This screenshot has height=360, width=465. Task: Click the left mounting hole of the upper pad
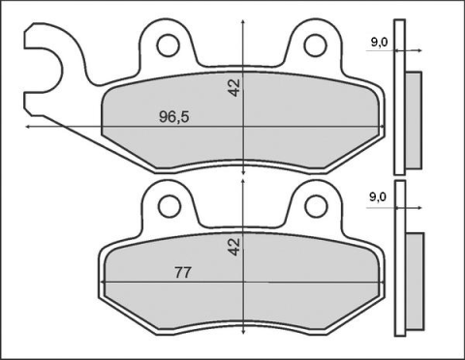pos(170,44)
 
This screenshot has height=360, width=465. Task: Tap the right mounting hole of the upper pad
pos(315,44)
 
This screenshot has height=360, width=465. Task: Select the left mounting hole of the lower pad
pos(170,203)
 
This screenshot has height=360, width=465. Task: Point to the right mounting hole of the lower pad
pos(315,203)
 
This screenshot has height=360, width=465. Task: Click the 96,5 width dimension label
pos(173,116)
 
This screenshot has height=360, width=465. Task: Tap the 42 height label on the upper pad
pos(233,87)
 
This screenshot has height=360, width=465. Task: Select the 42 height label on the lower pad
pos(233,247)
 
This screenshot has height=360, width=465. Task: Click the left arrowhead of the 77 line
pos(102,283)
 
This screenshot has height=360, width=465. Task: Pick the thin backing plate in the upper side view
pos(397,106)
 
